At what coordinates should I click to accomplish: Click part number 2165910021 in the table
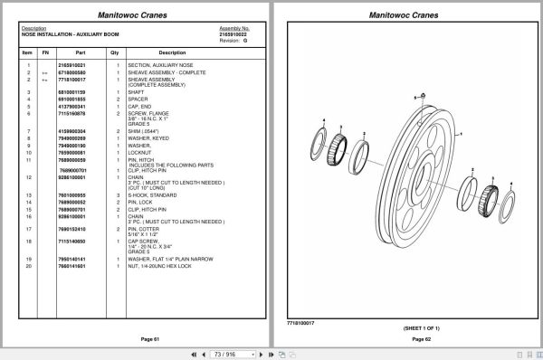tap(71, 66)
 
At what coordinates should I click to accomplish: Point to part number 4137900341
tap(71, 106)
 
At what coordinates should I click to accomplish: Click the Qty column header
tap(115, 53)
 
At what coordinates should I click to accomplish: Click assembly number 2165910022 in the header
tap(234, 34)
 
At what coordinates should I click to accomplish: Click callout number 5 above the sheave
tap(413, 95)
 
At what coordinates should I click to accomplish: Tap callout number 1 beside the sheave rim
tap(462, 133)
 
